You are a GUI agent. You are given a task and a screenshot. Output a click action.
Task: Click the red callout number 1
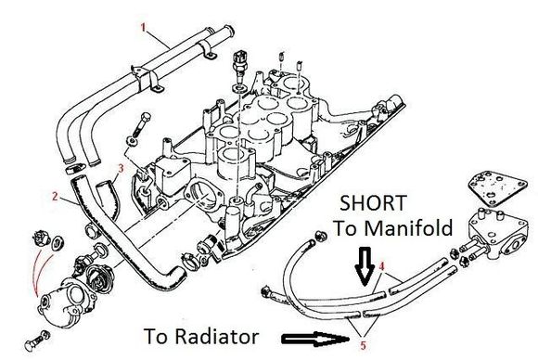[144, 27]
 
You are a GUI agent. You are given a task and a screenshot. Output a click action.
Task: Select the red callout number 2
[55, 197]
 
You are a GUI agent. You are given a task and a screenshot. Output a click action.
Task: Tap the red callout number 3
[121, 168]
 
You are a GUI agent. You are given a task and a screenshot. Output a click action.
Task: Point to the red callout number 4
[382, 266]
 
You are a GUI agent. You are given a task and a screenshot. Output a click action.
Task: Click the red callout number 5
[364, 345]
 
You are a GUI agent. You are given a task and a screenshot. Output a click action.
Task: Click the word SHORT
[373, 203]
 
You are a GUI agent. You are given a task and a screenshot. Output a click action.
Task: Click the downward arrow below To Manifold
[365, 266]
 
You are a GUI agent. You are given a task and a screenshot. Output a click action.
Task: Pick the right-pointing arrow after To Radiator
[315, 339]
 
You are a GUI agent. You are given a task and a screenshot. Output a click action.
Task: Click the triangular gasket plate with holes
[497, 187]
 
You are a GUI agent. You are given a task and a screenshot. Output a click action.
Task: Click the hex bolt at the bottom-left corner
[37, 340]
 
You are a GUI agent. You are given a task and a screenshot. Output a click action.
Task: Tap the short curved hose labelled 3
[109, 199]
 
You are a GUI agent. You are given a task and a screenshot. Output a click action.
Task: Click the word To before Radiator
[159, 336]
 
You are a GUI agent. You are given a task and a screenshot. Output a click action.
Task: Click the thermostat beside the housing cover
[97, 278]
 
